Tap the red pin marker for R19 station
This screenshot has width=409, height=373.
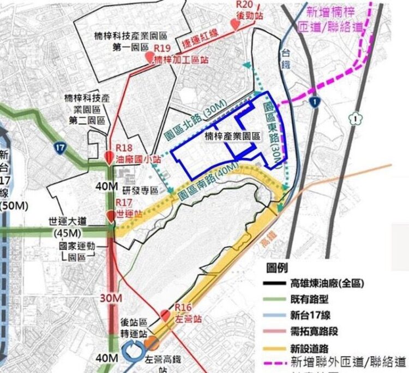point(148,57)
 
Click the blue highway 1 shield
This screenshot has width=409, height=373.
point(313,101)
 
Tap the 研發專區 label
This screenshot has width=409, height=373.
point(140,191)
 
